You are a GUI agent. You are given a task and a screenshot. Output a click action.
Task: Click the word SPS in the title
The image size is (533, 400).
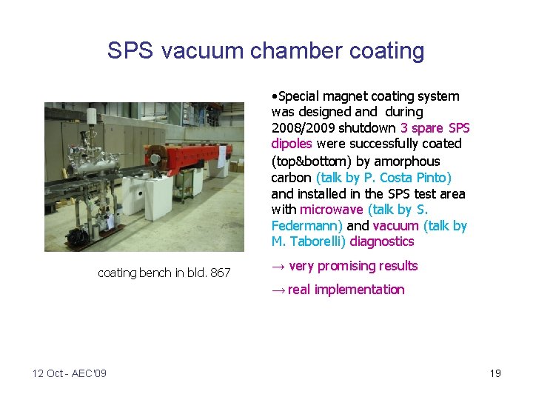130,51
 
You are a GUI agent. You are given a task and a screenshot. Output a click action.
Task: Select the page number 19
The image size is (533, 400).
495,373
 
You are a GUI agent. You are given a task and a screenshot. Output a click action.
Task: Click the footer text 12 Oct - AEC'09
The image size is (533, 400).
70,373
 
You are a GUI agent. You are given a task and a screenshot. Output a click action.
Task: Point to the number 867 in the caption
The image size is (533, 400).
221,273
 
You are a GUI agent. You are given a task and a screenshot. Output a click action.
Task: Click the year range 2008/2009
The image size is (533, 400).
304,128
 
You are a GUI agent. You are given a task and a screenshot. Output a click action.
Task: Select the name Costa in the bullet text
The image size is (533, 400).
400,177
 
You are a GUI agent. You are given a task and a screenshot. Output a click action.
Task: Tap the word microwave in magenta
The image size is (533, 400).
332,210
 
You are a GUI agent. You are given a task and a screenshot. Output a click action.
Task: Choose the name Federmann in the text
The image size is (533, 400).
305,225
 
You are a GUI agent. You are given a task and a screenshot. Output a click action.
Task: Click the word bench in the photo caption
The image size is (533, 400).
155,273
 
